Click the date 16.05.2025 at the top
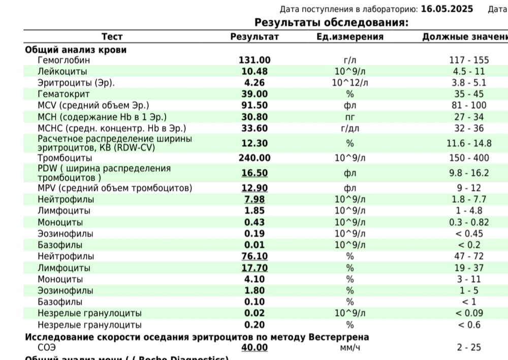point(447,9)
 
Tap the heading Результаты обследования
point(331,22)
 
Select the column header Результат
point(255,37)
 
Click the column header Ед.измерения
point(350,37)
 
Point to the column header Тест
point(112,37)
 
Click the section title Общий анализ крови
point(76,50)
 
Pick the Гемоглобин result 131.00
point(255,60)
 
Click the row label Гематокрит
point(63,94)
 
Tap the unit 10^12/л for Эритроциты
point(350,83)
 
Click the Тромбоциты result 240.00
point(255,158)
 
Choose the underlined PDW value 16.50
point(255,173)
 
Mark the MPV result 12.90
point(255,188)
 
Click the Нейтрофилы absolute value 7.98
point(255,200)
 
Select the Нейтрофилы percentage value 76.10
point(255,256)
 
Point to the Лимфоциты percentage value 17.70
point(255,268)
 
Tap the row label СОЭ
point(47,347)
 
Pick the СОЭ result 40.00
point(255,347)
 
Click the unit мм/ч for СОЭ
point(350,347)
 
